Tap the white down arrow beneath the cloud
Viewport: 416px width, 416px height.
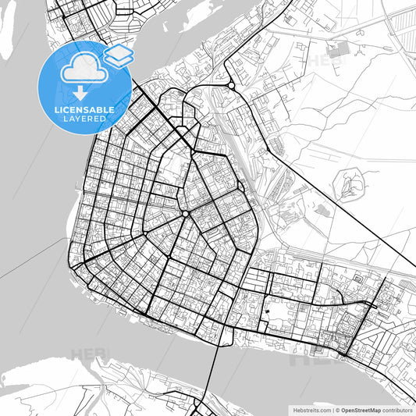(x=80, y=94)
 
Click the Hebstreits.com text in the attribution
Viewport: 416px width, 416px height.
(x=311, y=409)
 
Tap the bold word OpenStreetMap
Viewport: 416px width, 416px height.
(x=359, y=409)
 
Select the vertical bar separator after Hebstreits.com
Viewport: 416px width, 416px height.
(x=332, y=409)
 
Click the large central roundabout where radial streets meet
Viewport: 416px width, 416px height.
(x=185, y=214)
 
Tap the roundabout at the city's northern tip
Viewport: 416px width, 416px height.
(x=231, y=86)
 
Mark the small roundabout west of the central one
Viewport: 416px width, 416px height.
(x=146, y=233)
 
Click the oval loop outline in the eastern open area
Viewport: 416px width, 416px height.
(x=350, y=186)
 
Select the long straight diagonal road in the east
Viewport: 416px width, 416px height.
(x=336, y=195)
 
